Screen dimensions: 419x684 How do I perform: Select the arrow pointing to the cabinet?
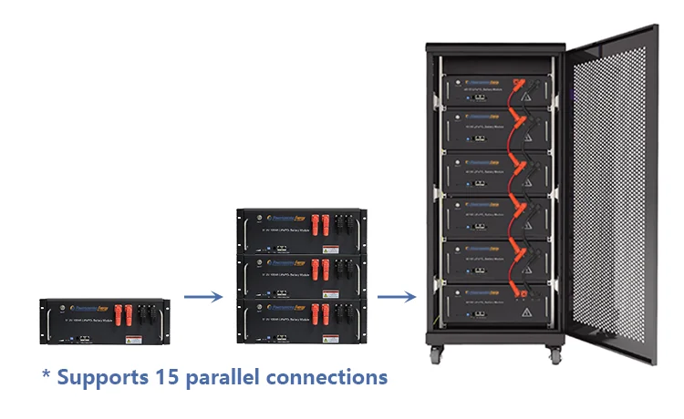click(394, 295)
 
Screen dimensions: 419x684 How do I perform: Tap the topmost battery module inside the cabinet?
click(497, 86)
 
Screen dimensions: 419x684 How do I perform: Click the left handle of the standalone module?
click(44, 323)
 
